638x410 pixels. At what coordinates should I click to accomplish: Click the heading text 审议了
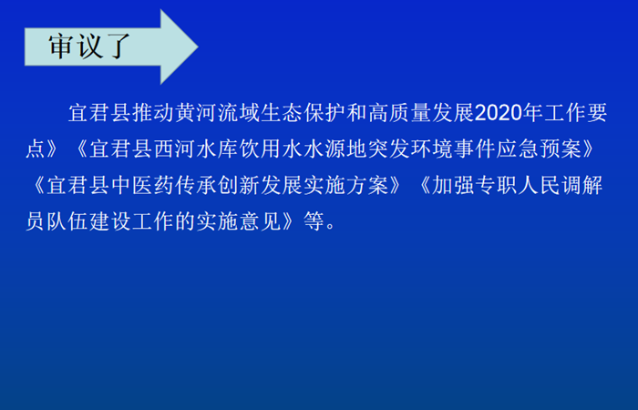(x=89, y=46)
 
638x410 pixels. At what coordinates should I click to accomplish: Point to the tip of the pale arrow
(x=198, y=46)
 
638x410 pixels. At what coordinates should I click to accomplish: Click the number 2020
(x=499, y=113)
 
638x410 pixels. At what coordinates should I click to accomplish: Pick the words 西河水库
(x=196, y=149)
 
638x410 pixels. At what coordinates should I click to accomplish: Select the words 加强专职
(x=474, y=185)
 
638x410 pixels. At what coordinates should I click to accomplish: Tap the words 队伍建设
(x=89, y=221)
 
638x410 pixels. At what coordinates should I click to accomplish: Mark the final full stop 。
(x=330, y=226)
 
